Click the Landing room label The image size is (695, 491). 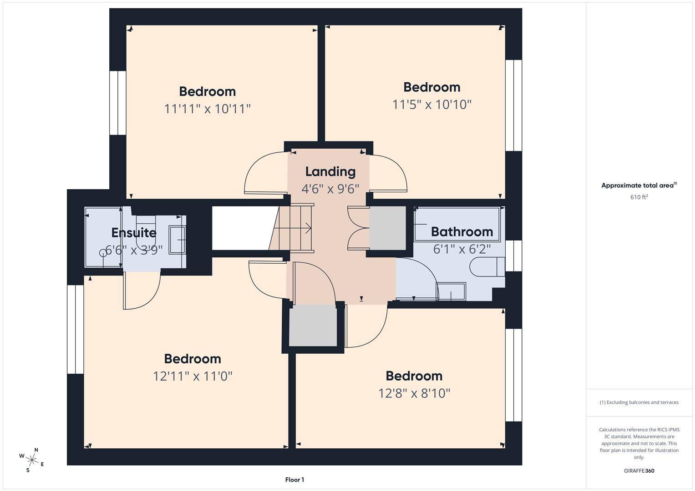click(330, 171)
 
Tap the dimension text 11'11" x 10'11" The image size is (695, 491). click(208, 109)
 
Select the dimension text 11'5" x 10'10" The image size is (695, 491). click(431, 105)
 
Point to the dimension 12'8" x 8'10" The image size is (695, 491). click(414, 393)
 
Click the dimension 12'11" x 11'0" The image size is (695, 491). click(193, 376)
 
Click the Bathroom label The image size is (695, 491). click(462, 232)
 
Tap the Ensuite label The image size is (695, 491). click(134, 233)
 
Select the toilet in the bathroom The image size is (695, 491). click(487, 267)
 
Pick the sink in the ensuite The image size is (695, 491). click(178, 239)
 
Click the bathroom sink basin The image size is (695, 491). click(451, 291)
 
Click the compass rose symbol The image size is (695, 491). click(32, 460)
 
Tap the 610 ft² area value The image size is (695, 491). click(639, 197)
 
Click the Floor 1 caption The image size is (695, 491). click(294, 480)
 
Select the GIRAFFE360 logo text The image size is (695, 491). click(639, 471)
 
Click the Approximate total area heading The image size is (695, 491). click(639, 185)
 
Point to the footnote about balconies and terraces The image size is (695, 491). click(639, 402)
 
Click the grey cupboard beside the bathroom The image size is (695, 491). click(387, 228)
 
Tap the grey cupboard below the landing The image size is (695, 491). click(313, 326)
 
